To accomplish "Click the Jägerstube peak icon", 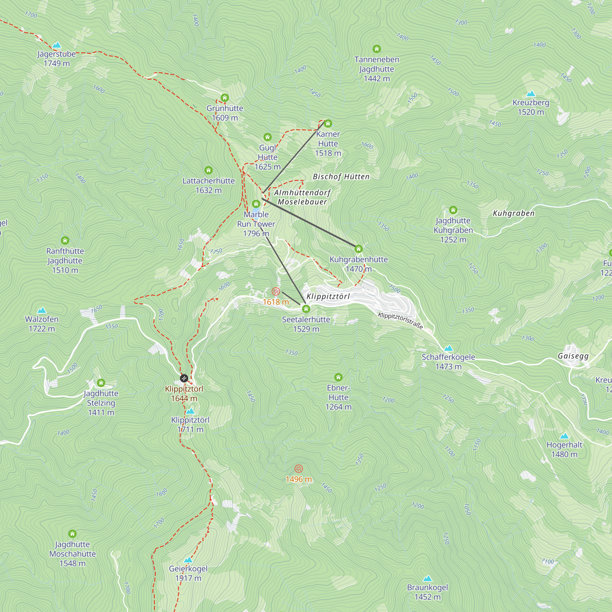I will coord(57,45).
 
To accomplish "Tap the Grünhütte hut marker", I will coord(225,98).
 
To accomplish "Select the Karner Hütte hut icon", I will coord(328,124).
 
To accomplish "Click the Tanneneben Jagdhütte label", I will coord(377,69).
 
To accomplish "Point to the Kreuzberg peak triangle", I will coord(531,94).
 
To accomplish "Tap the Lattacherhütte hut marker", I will coord(208,170).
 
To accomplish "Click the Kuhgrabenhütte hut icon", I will coord(358,249).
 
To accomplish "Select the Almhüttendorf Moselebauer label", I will coord(302,197).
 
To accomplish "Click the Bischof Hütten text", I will coord(341,177).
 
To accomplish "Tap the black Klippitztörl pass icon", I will coord(184,378).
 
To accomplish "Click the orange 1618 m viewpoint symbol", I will coord(276,291).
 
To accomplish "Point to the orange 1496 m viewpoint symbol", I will coord(299,468).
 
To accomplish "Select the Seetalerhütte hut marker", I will coord(306,309).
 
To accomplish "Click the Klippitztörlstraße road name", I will coord(400,321).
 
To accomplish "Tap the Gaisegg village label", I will coord(573,356).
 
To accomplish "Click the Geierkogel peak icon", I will coord(188,560).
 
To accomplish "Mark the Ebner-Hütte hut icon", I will coord(338,377).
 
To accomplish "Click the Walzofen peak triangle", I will coord(42,310).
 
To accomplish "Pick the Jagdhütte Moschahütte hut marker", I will coord(73,534).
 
